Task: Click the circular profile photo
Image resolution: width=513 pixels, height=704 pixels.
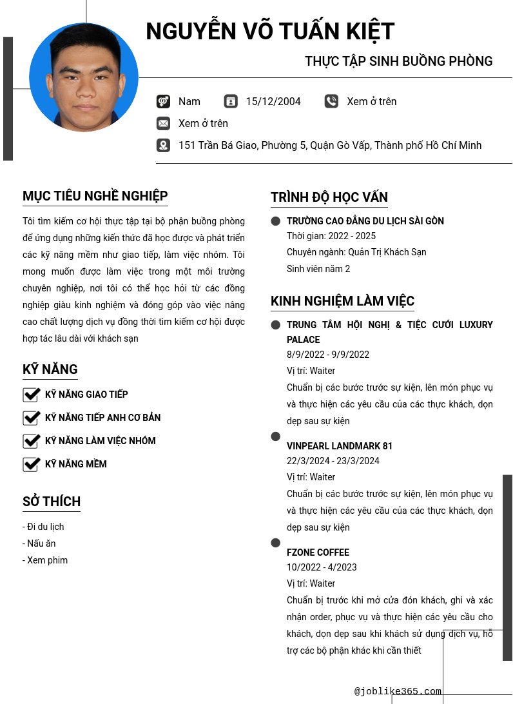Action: coord(84,77)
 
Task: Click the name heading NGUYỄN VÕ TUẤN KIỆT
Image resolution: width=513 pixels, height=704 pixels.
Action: coord(270,32)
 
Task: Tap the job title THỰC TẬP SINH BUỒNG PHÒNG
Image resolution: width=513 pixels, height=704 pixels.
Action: coord(398,61)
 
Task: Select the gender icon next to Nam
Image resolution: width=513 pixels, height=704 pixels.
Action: coord(163,101)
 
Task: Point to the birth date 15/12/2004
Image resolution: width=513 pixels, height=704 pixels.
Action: coord(273,101)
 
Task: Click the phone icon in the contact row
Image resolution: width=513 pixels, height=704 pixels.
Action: coord(331,101)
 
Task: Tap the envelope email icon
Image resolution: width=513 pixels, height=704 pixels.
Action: coord(163,123)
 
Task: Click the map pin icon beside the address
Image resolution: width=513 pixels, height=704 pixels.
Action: coord(163,145)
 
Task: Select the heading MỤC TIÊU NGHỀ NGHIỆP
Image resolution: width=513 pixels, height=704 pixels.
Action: coord(95,196)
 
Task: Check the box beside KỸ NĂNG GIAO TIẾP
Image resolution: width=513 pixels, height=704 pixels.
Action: coord(32,395)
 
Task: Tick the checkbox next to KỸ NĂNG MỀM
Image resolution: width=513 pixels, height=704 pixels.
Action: coord(32,464)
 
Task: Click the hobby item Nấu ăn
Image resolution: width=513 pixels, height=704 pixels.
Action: coord(41,543)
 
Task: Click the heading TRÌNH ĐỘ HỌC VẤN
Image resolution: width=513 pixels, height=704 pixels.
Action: coord(329,197)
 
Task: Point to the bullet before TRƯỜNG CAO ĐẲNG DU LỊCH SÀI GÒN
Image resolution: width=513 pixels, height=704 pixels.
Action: coord(276,221)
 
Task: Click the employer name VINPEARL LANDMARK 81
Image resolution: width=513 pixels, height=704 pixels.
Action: coord(340,446)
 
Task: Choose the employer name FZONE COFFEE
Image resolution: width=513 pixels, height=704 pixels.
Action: coord(318,552)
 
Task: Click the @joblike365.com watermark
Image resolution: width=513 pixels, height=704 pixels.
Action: coord(398,691)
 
